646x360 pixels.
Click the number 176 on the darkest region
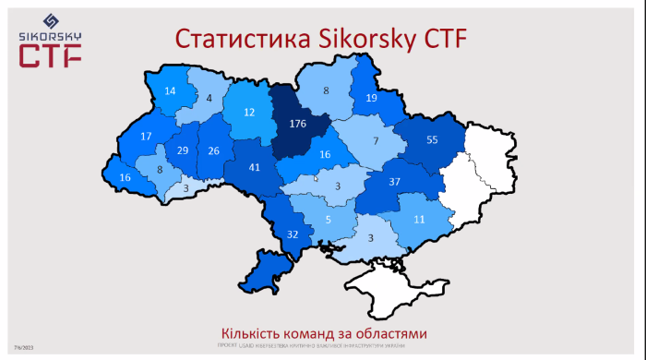pos(297,123)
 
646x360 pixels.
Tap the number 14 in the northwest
pos(170,91)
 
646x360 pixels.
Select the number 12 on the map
pos(249,113)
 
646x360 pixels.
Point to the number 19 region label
pos(371,98)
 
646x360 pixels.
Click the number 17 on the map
pos(146,137)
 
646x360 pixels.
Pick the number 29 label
pos(183,151)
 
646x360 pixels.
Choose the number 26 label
pos(214,151)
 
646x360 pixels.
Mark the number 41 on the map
pos(254,168)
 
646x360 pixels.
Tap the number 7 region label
pos(376,140)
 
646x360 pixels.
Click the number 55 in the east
pos(432,140)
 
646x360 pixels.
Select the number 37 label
pos(394,181)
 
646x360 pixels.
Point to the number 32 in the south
pos(293,234)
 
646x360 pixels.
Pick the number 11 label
pos(419,220)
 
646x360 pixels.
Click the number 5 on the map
pos(328,220)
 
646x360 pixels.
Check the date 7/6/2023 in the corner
pos(23,347)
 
